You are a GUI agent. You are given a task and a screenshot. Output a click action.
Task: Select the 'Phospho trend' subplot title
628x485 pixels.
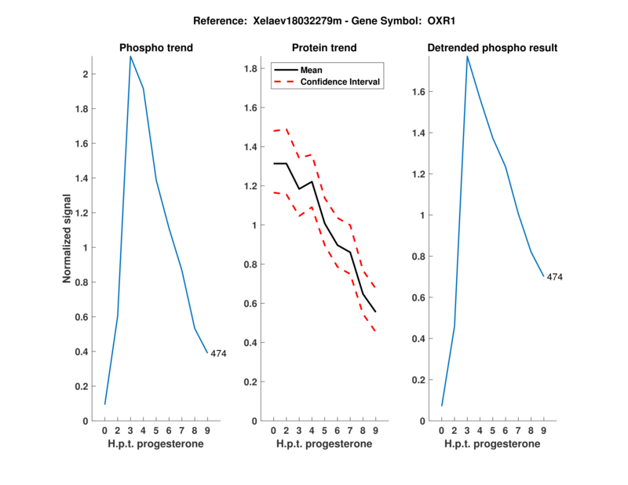point(156,48)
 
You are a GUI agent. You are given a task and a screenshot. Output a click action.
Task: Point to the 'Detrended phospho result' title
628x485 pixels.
point(492,48)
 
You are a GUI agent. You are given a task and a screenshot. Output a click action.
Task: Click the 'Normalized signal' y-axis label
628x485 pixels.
point(68,238)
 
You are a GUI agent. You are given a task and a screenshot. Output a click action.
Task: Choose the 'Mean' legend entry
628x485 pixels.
point(312,69)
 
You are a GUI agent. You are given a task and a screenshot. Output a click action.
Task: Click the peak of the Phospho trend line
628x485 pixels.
point(130,57)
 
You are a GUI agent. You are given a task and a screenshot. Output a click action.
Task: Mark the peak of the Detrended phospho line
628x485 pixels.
point(467,57)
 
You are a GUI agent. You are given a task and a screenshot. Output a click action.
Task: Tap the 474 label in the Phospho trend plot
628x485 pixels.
point(218,354)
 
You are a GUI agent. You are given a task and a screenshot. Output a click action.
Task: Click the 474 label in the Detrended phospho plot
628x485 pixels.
point(555,277)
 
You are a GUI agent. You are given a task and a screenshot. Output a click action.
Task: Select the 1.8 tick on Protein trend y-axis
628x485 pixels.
point(251,70)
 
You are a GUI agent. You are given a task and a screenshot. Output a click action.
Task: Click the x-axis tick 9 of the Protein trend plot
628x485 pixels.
point(375,430)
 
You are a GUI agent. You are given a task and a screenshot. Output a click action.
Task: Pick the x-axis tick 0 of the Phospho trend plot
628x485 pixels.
point(105,430)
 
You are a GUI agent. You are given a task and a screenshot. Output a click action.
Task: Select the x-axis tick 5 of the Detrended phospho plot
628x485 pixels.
point(492,430)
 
